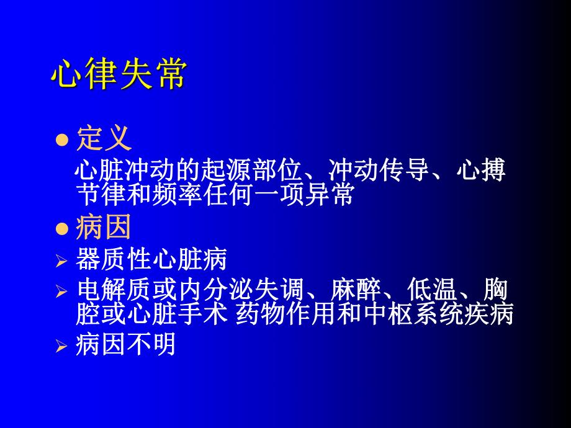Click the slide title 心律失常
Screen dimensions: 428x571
(118, 76)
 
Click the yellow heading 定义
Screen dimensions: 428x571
(104, 139)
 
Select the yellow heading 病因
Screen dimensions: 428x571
(104, 228)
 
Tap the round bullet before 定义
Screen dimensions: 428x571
(61, 140)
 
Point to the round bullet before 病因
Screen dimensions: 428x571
(61, 229)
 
